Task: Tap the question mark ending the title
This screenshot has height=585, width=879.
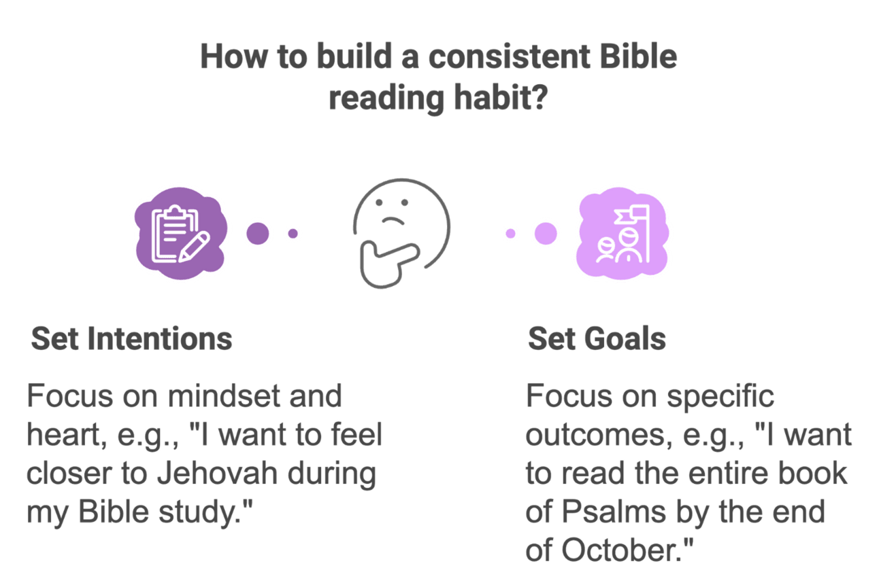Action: click(540, 97)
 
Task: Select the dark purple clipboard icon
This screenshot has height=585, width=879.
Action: click(180, 234)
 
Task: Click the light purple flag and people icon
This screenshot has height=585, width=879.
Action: click(623, 234)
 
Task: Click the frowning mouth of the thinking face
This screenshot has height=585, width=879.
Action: click(393, 221)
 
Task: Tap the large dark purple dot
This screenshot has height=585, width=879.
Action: click(258, 234)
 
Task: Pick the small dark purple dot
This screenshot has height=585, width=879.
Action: click(293, 234)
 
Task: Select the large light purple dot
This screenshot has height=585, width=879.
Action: click(546, 234)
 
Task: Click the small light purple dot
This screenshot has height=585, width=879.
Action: click(510, 234)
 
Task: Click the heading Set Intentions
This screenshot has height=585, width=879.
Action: click(131, 338)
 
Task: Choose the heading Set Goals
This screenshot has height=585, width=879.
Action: click(597, 338)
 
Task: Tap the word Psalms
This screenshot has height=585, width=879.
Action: click(614, 512)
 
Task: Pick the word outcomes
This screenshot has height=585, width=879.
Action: click(599, 435)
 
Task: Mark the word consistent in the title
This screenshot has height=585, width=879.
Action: click(510, 57)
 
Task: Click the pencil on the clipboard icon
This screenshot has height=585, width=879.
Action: click(194, 247)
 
